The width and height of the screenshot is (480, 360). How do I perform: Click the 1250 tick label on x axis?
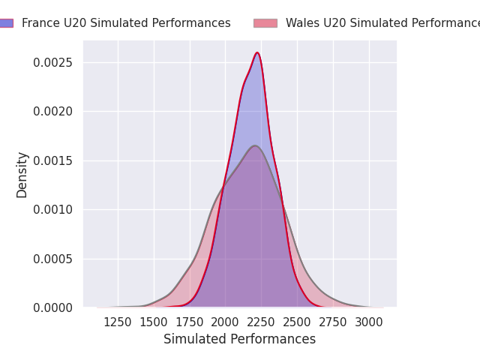(118, 322)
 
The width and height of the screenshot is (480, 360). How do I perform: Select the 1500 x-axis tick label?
(154, 322)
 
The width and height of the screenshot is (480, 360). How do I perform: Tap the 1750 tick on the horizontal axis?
(190, 322)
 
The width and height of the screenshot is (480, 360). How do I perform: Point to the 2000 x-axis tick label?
(226, 322)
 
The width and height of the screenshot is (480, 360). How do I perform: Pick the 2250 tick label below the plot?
(262, 322)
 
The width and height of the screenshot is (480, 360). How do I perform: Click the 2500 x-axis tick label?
(297, 322)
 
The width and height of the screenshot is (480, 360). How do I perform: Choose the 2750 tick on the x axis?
(333, 322)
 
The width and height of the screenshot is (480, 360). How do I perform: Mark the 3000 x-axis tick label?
(369, 322)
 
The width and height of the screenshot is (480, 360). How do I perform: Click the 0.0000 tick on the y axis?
(54, 308)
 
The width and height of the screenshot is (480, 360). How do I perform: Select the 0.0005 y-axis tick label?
(54, 259)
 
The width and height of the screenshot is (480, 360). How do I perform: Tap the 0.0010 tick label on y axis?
(54, 210)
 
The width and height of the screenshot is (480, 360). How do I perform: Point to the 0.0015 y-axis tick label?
(54, 160)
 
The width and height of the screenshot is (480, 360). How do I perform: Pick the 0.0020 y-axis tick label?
(54, 112)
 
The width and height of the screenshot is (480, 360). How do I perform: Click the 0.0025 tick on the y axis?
(54, 62)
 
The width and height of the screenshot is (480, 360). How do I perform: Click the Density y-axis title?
(22, 174)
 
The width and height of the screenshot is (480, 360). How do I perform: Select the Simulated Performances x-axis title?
(240, 339)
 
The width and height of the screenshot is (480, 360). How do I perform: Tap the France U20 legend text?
(126, 23)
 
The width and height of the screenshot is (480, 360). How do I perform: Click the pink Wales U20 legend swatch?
(265, 23)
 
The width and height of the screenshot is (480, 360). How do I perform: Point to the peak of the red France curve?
(257, 52)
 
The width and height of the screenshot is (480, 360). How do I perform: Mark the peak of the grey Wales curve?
(255, 145)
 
